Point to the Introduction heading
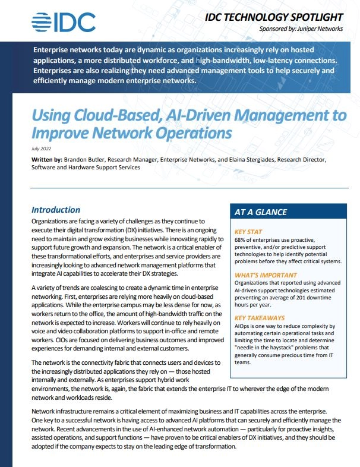56,209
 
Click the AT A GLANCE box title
261,212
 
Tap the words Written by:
45,160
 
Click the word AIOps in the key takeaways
245,327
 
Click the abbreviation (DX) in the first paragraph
145,229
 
